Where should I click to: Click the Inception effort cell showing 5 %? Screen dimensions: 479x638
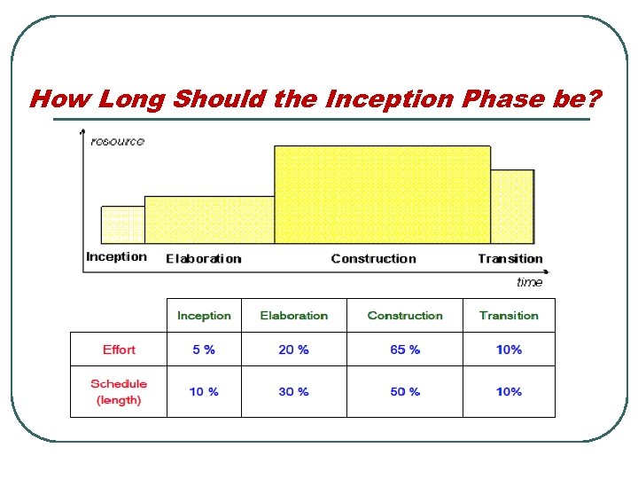[x=204, y=349]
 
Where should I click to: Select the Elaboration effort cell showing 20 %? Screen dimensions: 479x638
[x=293, y=349]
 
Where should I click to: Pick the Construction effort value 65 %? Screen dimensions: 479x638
[x=405, y=349]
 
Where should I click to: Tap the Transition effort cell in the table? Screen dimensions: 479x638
[x=509, y=349]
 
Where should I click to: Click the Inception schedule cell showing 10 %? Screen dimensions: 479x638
[x=204, y=391]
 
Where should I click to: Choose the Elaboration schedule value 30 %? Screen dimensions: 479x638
[x=293, y=391]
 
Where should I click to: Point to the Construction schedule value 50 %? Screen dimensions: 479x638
[x=405, y=391]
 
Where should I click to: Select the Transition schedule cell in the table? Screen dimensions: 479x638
[x=509, y=391]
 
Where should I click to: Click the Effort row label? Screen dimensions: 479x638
[x=119, y=349]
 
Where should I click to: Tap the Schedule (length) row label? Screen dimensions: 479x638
[x=119, y=391]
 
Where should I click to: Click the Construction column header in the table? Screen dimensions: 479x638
[x=405, y=316]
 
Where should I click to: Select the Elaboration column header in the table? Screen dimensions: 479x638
[x=293, y=316]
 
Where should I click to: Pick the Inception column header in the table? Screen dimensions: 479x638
[x=204, y=316]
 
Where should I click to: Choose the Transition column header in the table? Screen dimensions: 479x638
[x=509, y=316]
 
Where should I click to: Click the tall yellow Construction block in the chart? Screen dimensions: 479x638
[x=382, y=195]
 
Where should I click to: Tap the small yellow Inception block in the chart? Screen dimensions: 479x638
[x=123, y=225]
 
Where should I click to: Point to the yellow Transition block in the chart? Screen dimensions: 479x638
[x=512, y=207]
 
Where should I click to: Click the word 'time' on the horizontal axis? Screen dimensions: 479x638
[x=529, y=282]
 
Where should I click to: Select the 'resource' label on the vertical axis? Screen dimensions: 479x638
[x=117, y=141]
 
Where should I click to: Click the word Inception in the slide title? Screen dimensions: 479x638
[x=377, y=98]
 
